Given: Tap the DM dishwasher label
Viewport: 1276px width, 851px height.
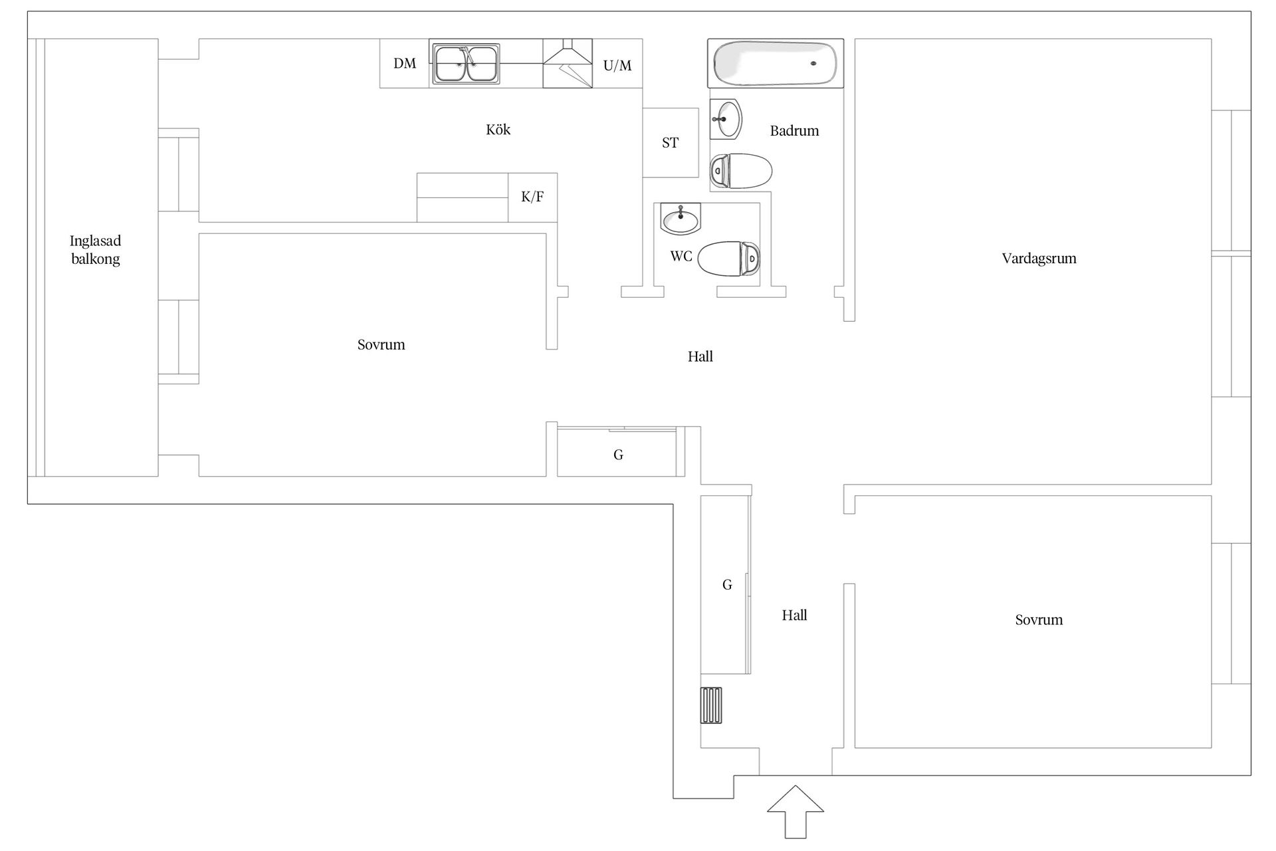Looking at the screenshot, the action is tap(405, 63).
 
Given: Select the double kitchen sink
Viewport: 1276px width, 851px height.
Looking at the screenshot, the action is tap(466, 64).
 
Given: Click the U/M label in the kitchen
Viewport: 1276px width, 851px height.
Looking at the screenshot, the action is tap(617, 65).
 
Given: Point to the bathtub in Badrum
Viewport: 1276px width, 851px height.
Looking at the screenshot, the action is tap(775, 63).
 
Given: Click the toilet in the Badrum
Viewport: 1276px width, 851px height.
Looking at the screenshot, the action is tap(741, 171).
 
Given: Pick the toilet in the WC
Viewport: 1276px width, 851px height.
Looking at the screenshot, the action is tap(729, 258).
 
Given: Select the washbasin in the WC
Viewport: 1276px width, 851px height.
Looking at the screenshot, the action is tap(681, 219).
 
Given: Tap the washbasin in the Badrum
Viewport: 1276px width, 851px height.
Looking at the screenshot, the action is tap(726, 120).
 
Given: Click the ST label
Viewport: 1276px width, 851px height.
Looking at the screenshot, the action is tap(670, 142).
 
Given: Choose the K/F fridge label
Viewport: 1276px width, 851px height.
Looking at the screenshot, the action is tap(532, 197).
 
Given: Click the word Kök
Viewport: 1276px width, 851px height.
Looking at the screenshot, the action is tap(498, 130).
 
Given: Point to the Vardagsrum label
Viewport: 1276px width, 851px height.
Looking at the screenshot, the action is tap(1039, 259).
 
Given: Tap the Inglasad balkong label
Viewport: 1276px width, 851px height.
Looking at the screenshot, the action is tap(96, 250).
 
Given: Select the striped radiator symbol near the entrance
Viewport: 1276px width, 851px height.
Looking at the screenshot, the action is tap(711, 705).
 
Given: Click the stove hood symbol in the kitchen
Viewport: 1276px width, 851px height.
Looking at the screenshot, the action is tap(568, 63).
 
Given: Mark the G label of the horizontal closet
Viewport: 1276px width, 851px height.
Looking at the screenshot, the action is tap(618, 455).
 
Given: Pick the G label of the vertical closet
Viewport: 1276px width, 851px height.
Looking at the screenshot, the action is tap(727, 584).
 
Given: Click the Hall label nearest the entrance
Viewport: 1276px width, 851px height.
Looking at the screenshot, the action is tap(794, 616).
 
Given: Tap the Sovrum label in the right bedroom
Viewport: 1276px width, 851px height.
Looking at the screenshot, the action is tap(1039, 620).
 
